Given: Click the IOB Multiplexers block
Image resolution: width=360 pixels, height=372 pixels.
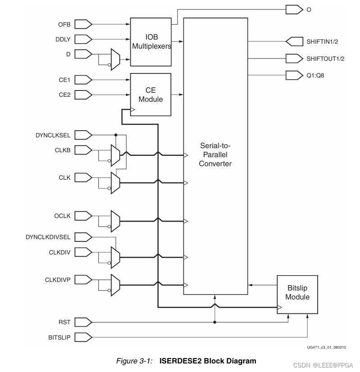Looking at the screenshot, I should pos(151,42).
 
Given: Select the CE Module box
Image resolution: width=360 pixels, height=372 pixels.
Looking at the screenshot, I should pos(150,95).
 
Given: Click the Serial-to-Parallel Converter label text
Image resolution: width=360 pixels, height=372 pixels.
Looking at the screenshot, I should pos(215,154).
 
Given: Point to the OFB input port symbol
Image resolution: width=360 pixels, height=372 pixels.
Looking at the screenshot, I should pos(83,23).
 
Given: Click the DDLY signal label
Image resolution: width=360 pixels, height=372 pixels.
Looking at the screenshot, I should pos(64,39).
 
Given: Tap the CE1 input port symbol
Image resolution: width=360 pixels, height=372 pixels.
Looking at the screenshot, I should pos(83,80).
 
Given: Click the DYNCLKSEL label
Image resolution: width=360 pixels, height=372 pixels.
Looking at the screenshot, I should pos(54,135).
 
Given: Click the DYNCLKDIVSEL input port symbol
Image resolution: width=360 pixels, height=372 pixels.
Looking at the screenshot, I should pos(83,237).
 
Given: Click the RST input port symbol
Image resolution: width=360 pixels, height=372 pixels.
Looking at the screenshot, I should pos(83,322).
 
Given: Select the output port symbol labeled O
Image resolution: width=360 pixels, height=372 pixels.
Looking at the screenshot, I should pos(294,9).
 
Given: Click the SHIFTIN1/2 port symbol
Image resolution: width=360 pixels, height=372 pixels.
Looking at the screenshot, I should pos(294,41).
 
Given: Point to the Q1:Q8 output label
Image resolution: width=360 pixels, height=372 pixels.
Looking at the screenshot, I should pos(315,75).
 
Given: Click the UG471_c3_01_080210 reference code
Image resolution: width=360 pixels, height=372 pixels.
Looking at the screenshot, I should pos(327,347).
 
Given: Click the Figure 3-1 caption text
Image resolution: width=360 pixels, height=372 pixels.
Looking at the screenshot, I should pos(186,361).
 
